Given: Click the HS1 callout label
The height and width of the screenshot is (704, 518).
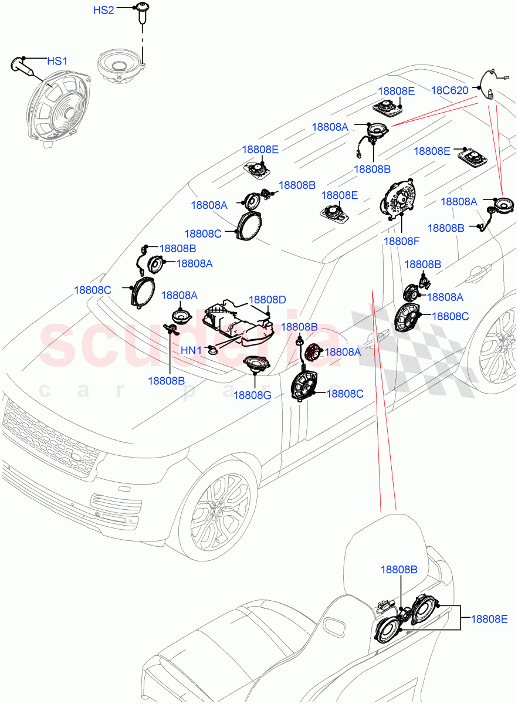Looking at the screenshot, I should [57, 61].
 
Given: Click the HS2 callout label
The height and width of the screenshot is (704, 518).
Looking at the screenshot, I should [104, 11].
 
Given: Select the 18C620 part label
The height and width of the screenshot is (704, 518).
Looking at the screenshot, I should [450, 90].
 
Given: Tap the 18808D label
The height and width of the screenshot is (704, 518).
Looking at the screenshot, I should [268, 300].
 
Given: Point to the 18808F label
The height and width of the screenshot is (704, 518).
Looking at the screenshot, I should [402, 241].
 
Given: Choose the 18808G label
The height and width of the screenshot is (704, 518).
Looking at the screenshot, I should [252, 395].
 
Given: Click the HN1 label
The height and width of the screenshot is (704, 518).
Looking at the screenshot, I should [191, 350].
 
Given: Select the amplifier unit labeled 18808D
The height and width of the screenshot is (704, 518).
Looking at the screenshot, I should [238, 324].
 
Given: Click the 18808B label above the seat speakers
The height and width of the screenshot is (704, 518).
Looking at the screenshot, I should [399, 569].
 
